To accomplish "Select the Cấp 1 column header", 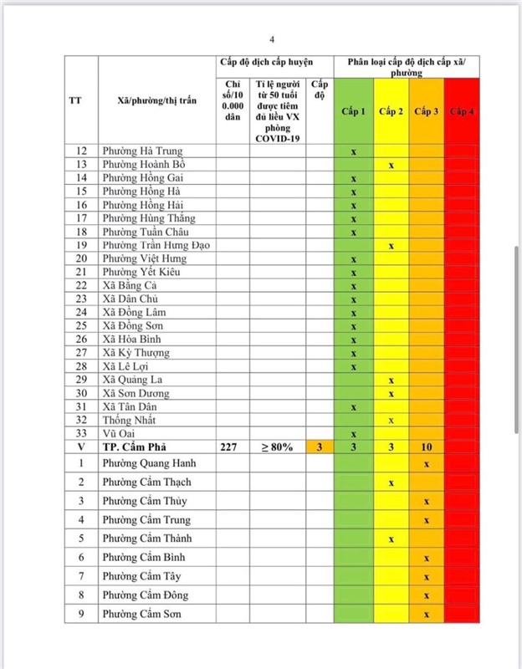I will coord(353,112).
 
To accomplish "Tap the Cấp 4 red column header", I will coord(462,112).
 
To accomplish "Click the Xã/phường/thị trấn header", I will coord(156,101).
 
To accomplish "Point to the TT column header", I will coord(75,101).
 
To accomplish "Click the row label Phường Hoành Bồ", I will coord(139,165).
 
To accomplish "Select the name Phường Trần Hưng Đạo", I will coord(156,245).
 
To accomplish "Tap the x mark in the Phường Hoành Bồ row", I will coord(391,166).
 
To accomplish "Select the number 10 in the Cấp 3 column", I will coord(427,447).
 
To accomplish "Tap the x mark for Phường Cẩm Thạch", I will coord(391,483).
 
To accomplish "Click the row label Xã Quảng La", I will coord(133,380).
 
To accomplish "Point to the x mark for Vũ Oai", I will coord(354,434).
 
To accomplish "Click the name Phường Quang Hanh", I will coord(147,463).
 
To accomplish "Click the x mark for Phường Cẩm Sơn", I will coord(427,615).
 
